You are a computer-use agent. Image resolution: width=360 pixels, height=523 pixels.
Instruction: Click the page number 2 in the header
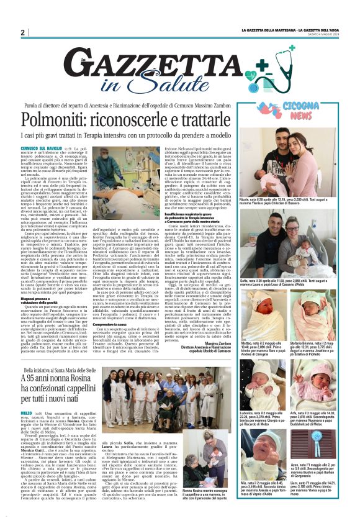23,32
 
